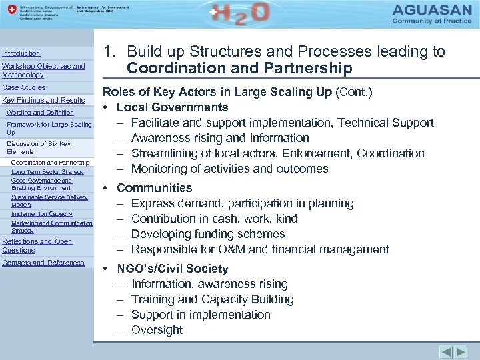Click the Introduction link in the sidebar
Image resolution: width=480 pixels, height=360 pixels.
[21, 53]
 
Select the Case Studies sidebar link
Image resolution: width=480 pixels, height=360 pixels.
[24, 87]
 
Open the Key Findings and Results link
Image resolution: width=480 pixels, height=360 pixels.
[44, 100]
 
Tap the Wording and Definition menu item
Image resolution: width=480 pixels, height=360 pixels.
[40, 113]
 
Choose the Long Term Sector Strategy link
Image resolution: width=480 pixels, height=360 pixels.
[47, 172]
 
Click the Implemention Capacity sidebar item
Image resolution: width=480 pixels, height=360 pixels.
[42, 214]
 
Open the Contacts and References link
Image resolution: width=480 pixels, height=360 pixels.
[43, 263]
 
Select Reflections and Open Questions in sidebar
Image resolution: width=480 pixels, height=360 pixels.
[37, 245]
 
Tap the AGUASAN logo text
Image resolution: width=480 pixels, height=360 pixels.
[432, 10]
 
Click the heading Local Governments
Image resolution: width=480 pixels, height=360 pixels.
[172, 107]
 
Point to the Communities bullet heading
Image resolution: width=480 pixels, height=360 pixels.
[154, 188]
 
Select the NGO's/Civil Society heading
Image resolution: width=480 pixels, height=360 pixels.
[172, 269]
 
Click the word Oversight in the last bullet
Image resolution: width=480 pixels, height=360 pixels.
[157, 330]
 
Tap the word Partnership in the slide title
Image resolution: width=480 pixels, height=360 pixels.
[307, 69]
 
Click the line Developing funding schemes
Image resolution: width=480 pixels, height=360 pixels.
[208, 234]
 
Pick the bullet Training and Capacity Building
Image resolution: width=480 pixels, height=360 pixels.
[213, 299]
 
